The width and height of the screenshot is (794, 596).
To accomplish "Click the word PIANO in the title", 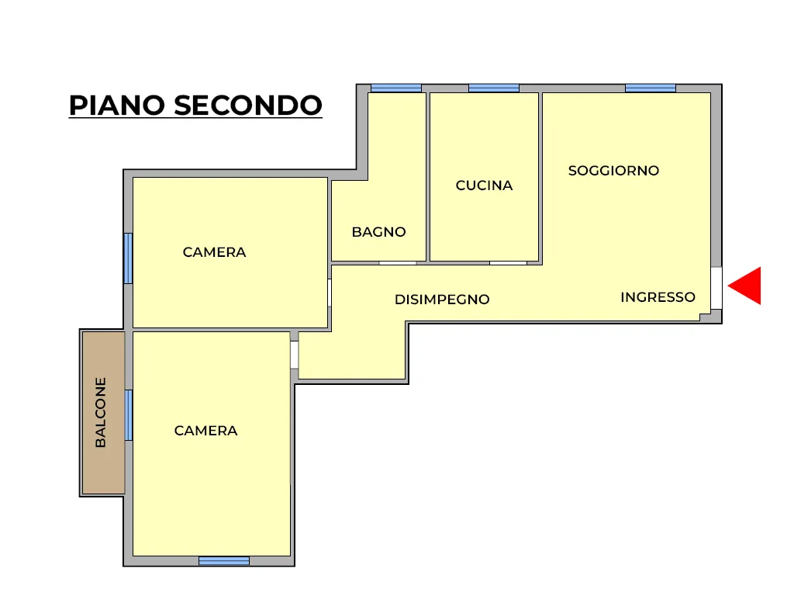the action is pos(117,105).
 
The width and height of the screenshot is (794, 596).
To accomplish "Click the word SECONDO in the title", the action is pos(248,105).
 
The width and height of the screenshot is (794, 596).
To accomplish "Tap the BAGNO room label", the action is pos(378,232).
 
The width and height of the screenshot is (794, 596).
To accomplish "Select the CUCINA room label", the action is pos(484,185).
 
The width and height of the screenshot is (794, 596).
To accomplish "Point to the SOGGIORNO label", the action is pos(614,171).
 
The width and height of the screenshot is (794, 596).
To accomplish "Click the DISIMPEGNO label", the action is pos(442,300).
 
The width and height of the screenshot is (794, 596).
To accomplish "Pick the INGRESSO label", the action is pos(658,297).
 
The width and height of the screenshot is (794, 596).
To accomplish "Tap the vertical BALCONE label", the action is pos(101,413).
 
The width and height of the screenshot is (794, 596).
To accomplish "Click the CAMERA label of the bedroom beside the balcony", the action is pos(205,431).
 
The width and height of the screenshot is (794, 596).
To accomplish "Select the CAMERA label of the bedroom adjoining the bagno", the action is pos(214,252).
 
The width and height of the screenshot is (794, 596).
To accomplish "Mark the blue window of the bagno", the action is pos(396,88).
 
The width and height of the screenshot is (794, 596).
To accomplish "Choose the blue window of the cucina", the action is pos(494,88).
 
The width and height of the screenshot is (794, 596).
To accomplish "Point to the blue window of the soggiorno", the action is pos(651,88).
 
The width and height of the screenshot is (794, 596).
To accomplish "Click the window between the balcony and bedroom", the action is pos(129,415).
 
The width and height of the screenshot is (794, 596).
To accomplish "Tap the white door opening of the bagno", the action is pos(398,263).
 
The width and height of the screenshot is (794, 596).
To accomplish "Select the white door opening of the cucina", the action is pos(508,263).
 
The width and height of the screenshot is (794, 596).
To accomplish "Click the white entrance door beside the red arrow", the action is pos(716,288).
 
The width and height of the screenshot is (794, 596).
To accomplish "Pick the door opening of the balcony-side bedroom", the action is pos(294,355).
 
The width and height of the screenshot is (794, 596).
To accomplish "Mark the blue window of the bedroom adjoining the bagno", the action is pos(129,258).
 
